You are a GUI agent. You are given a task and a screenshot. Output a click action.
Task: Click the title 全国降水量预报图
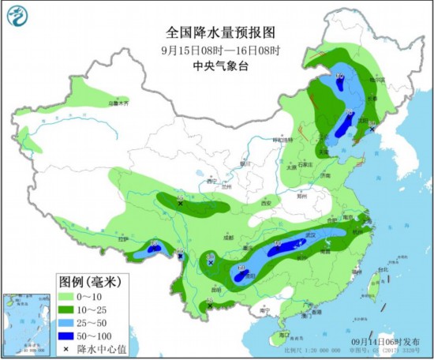(209, 33)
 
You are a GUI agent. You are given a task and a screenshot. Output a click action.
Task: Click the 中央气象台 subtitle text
(209, 66)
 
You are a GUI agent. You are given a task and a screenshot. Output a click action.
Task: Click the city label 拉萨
(123, 238)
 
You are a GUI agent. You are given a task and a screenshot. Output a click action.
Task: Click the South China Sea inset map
(21, 324)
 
